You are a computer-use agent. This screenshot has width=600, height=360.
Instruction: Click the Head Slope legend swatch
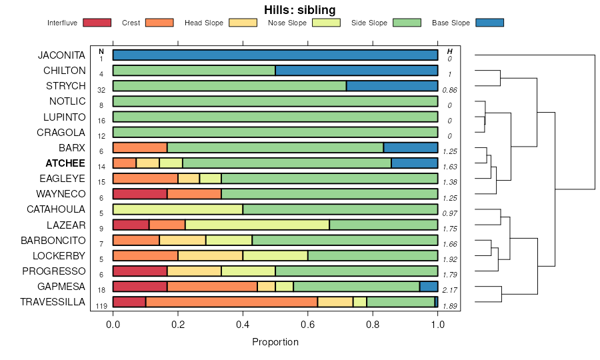[243, 23]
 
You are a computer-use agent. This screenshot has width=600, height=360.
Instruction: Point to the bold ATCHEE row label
[65, 163]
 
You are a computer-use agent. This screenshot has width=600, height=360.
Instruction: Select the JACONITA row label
[62, 55]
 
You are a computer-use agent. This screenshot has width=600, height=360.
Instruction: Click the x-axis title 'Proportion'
[275, 342]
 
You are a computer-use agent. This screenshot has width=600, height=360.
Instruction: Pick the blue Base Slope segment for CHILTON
[357, 71]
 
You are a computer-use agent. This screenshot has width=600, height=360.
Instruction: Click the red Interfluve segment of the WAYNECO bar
[140, 194]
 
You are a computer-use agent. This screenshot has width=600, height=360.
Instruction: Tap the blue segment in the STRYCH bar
[392, 86]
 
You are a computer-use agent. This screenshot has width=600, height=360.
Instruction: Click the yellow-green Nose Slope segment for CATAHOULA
[178, 209]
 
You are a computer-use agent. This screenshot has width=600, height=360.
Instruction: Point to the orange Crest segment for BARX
[140, 148]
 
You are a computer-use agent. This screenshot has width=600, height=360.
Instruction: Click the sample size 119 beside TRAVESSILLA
[102, 306]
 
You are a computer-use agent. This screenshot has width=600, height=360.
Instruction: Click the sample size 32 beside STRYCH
[101, 90]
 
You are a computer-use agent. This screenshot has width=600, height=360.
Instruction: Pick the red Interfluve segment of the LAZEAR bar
[131, 225]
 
